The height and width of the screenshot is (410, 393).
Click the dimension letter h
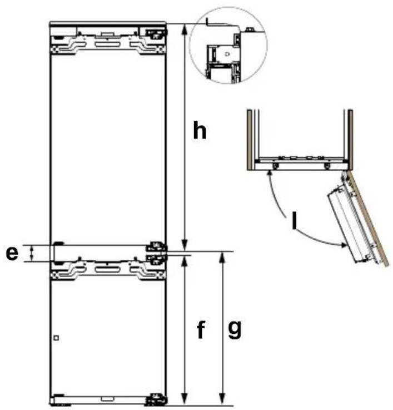click(200, 130)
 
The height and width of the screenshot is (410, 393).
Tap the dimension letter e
click(12, 253)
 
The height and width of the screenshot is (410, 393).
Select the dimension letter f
click(201, 329)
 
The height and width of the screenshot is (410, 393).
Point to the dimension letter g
click(235, 330)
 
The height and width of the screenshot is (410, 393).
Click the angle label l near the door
click(295, 220)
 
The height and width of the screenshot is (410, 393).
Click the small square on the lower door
click(56, 338)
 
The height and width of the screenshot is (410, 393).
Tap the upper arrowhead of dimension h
click(185, 29)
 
